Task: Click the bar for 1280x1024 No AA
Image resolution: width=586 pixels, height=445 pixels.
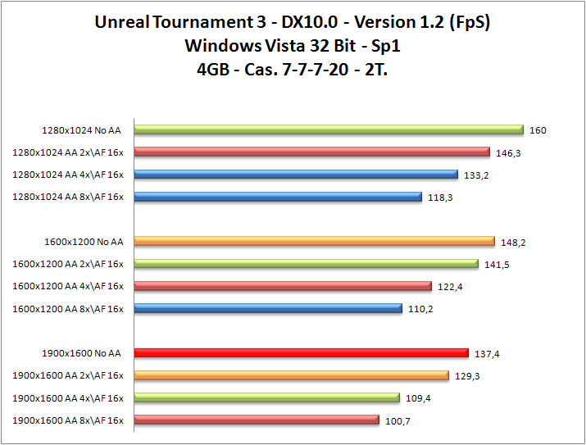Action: coord(328,129)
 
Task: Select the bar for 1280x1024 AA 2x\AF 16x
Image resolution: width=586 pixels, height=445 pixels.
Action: coord(311,152)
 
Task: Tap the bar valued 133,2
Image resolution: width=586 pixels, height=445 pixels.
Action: coord(295,174)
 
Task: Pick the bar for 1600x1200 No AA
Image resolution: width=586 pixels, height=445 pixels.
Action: coord(314,241)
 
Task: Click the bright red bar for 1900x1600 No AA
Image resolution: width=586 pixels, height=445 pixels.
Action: coord(301,353)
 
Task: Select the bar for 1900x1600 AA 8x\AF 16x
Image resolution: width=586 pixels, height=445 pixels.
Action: coord(257,420)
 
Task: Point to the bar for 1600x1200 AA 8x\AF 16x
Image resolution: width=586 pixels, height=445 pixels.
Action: coord(268,308)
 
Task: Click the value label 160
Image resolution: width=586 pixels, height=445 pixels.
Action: coord(538,130)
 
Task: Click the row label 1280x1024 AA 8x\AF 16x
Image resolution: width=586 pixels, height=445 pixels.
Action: coord(68,197)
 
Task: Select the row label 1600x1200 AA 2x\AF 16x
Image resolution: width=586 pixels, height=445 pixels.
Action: coord(68,264)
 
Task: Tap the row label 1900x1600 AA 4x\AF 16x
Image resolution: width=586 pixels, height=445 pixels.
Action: coord(68,398)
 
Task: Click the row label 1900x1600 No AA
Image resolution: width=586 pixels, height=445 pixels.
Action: coord(81,353)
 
